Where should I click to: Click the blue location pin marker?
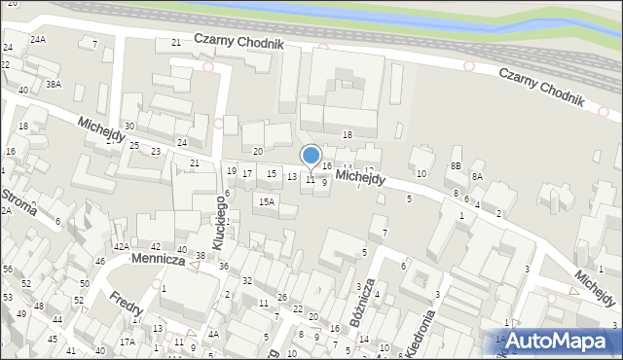pos(311,157)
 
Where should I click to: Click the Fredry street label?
pos(128,306)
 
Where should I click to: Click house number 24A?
pos(37,39)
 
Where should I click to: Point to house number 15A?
pos(266,201)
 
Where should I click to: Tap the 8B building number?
pos(455,166)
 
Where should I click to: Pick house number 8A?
pos(477,176)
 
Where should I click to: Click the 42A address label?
pos(121,247)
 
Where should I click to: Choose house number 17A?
pos(128,342)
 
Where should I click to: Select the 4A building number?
pos(213,334)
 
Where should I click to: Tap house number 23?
pos(156,151)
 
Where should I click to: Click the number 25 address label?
pos(135,146)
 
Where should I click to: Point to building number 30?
pos(128,127)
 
